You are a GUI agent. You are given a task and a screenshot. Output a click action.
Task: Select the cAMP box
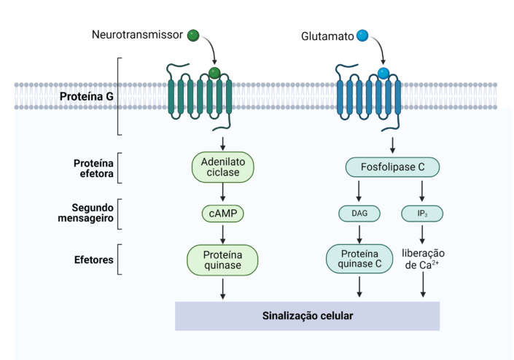click(x=222, y=214)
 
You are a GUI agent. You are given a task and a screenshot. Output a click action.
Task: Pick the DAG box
click(x=358, y=214)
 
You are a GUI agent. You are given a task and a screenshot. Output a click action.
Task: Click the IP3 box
click(x=422, y=214)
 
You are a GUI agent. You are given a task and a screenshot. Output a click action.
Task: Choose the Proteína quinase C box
click(x=358, y=259)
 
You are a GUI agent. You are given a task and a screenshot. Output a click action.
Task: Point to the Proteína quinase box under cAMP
click(x=223, y=259)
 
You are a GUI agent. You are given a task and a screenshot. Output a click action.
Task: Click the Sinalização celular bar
click(x=308, y=316)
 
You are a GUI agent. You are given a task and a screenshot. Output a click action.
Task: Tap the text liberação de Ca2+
click(x=423, y=259)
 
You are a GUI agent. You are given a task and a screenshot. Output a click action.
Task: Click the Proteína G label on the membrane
click(x=86, y=96)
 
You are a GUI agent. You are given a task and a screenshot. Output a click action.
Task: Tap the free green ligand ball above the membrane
click(x=192, y=35)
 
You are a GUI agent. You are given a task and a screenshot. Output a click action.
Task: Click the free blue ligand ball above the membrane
click(x=361, y=35)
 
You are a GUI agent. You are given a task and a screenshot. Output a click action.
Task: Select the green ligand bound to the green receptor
click(x=214, y=73)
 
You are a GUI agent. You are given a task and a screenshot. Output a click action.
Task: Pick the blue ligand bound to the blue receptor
click(x=383, y=73)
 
